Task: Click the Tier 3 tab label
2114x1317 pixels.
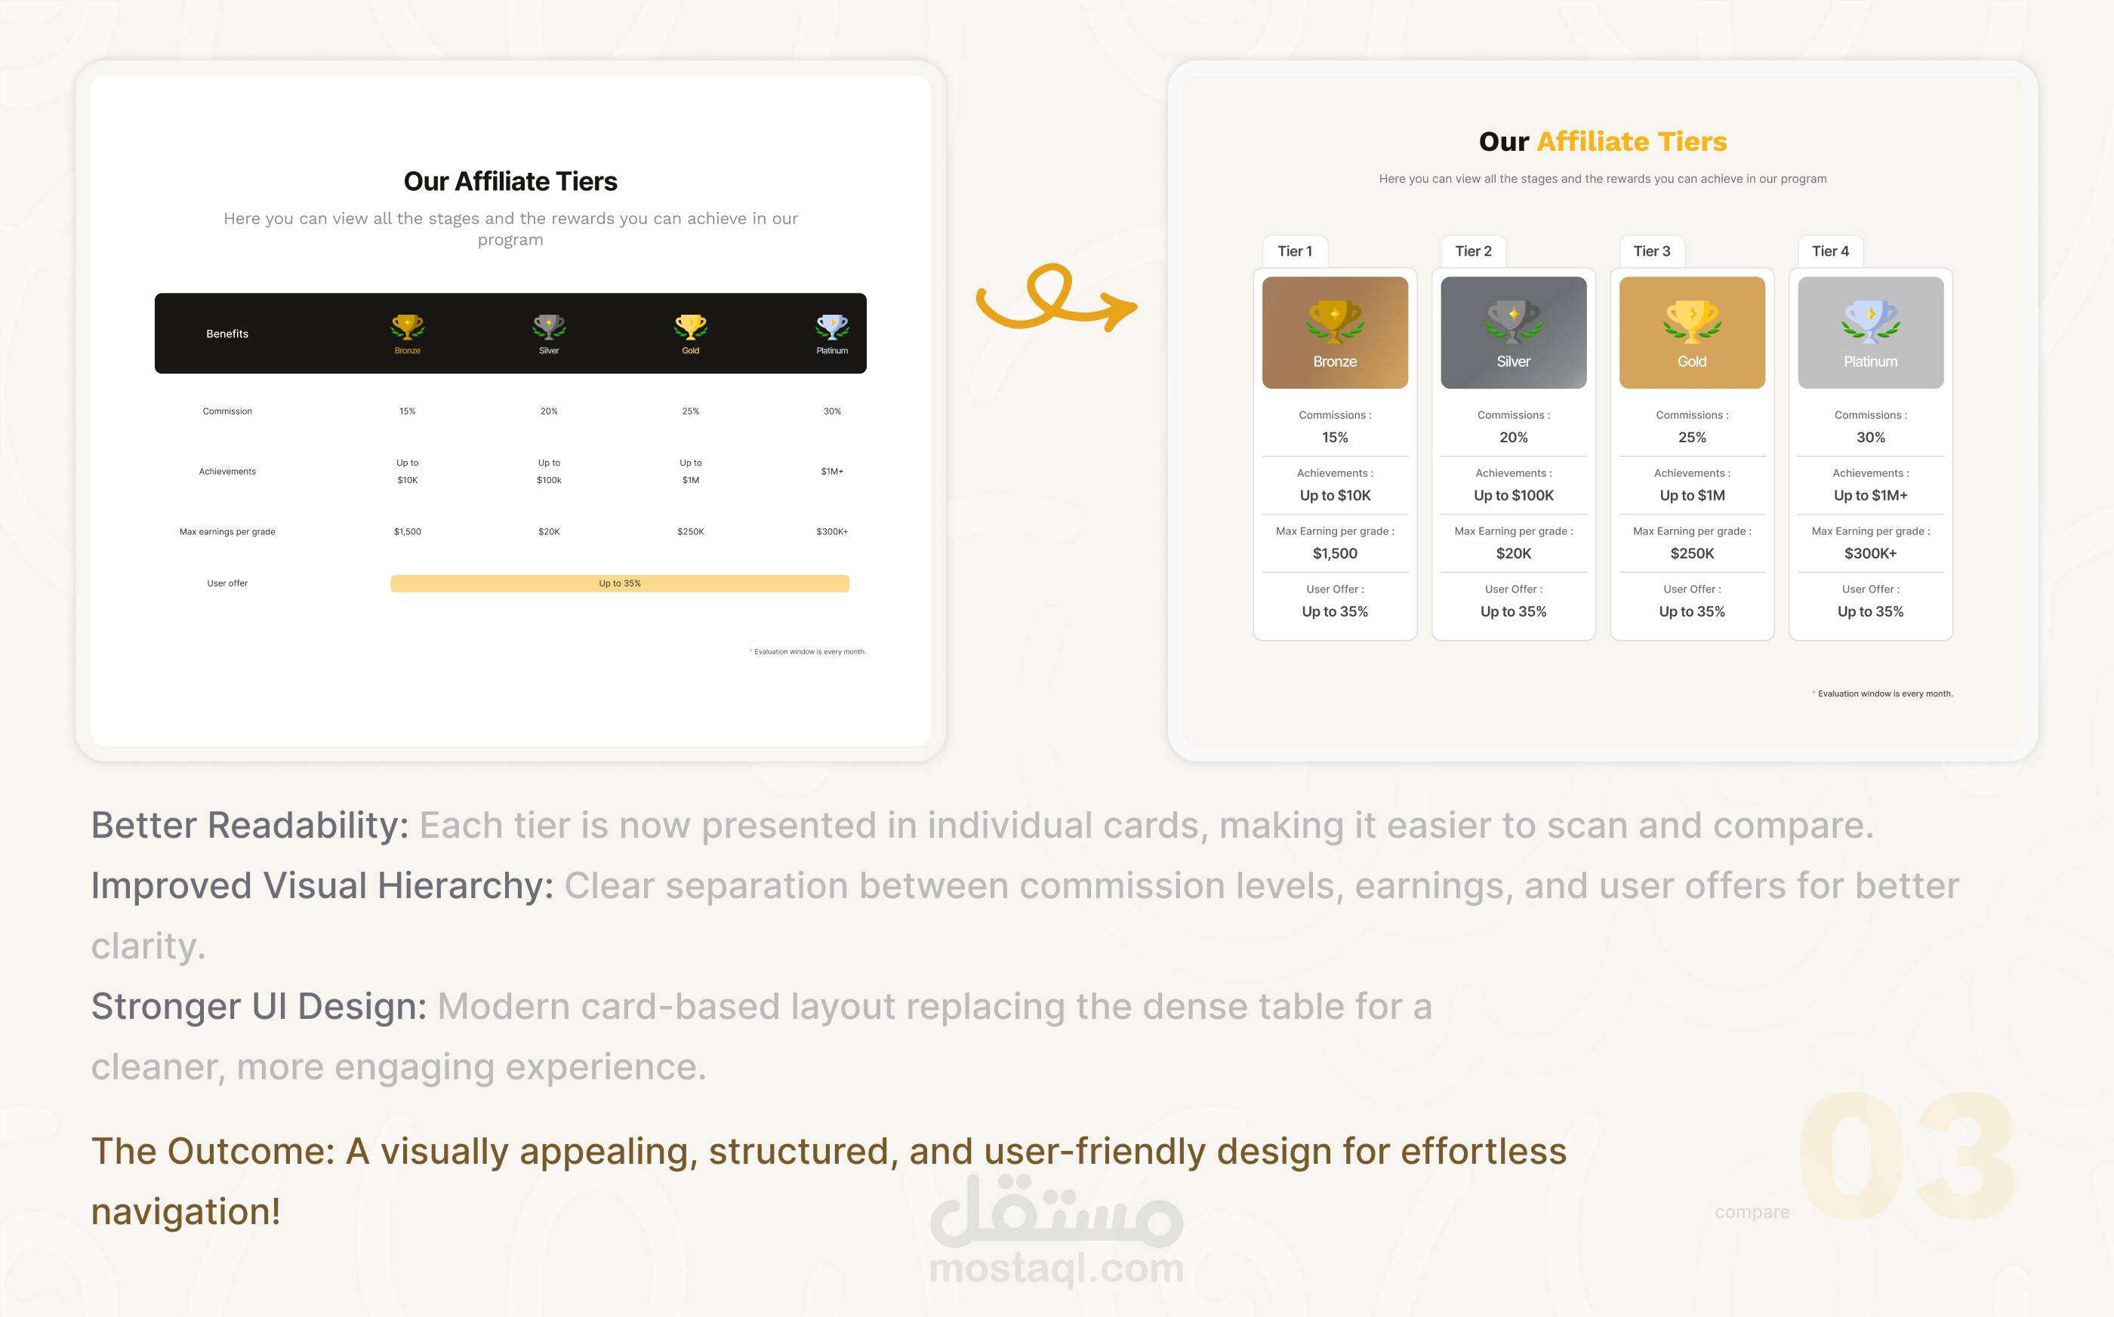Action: coord(1651,251)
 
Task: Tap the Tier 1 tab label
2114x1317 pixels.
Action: coord(1294,251)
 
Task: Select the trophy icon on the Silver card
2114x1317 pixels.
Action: coord(1514,322)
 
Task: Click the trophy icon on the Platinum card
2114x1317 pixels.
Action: coord(1870,322)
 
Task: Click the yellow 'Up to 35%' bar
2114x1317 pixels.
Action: coord(620,583)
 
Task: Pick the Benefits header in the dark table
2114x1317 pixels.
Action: coord(227,334)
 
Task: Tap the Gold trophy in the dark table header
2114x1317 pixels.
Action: coord(690,327)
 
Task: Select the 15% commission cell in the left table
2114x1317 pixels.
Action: coord(407,411)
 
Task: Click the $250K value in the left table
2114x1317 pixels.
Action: coord(690,531)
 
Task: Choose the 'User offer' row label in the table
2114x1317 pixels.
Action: coord(227,583)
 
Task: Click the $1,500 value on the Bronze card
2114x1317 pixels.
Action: coord(1335,553)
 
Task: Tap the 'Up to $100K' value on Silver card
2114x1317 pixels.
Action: coord(1514,496)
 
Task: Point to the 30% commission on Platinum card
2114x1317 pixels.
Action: coord(1870,437)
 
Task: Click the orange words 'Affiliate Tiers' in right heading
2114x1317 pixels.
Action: coord(1632,141)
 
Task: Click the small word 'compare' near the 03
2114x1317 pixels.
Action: coord(1752,1211)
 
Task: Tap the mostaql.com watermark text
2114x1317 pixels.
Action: coord(1057,1268)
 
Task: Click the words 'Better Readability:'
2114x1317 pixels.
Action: coord(249,825)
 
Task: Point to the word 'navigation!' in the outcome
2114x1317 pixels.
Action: coord(186,1211)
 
